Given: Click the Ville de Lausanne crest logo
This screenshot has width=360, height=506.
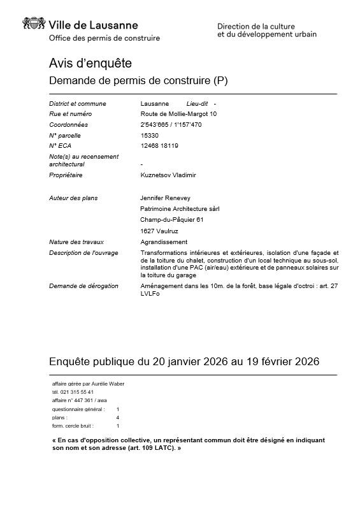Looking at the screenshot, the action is [34, 24].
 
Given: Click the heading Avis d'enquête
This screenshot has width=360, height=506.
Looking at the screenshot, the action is [90, 63].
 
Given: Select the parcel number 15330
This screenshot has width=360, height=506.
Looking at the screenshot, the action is [149, 135].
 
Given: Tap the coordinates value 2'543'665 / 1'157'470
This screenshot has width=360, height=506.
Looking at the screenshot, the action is [171, 124].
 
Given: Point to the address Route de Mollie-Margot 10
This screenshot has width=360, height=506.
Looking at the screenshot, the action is [178, 114].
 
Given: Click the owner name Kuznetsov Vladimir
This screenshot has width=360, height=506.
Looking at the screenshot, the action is [168, 175].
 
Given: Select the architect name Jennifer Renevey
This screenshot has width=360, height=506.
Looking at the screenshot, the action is [165, 198].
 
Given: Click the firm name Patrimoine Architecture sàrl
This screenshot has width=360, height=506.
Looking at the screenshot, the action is [180, 208].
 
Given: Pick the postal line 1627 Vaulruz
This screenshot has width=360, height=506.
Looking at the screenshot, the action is [159, 230].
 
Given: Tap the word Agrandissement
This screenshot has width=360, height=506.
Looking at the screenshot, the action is [164, 242].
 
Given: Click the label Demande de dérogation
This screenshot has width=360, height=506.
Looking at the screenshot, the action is [83, 286].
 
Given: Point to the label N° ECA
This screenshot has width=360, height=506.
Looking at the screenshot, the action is [61, 145].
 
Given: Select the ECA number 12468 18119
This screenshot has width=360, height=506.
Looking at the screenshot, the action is [159, 145].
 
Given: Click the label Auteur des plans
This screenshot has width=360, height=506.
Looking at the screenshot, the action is [73, 198].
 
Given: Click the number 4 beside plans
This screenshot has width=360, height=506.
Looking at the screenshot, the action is [118, 417].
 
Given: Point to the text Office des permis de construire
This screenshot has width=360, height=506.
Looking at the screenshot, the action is [104, 38].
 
